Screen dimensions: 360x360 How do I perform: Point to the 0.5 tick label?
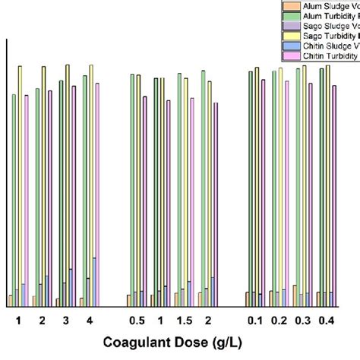tap(137, 320)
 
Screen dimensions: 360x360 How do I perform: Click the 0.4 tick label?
tap(326, 320)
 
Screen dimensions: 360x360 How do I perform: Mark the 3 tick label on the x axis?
tap(66, 320)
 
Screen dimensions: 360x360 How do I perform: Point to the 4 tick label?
tap(90, 320)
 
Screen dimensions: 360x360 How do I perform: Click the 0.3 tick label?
tap(302, 320)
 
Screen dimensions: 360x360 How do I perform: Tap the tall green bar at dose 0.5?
tap(131, 190)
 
